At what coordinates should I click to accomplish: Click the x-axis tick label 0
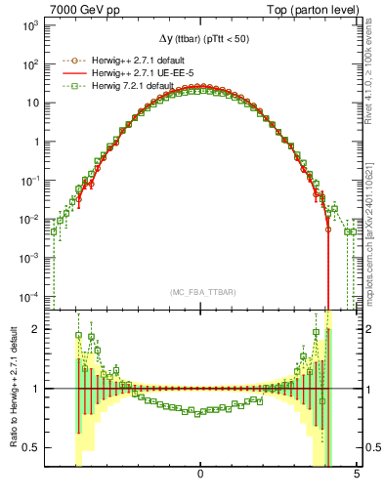pos(200,474)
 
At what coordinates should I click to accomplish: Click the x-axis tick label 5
pos(357,474)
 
